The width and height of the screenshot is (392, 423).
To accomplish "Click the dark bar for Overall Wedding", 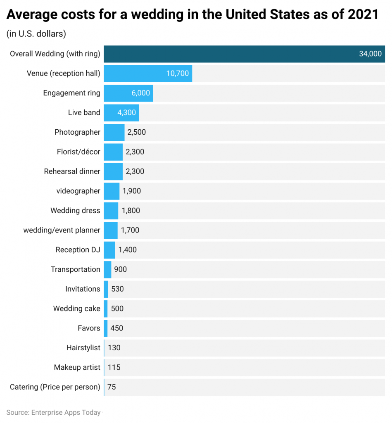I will [244, 54].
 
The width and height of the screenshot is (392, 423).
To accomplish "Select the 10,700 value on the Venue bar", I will [178, 74].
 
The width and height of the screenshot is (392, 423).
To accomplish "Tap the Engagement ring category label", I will [71, 93].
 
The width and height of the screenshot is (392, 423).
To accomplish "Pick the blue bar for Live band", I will [121, 112].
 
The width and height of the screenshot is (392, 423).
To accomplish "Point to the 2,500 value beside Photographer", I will [136, 132].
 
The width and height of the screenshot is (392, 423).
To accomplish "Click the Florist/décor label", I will [78, 152].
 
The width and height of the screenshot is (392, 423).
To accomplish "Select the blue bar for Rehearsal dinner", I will [113, 171].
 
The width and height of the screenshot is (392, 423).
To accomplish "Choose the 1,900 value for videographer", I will [132, 191].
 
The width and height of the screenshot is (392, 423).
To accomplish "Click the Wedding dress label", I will [75, 211].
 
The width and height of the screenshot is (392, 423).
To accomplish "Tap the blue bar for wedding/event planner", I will [110, 230].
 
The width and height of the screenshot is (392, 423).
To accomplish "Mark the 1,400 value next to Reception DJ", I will [127, 250].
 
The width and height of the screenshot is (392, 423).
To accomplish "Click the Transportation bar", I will [107, 269].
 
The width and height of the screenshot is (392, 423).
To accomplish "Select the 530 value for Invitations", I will [117, 289].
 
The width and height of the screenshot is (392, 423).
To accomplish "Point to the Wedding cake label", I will [76, 309].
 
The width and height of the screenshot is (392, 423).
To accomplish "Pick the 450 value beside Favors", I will [117, 328].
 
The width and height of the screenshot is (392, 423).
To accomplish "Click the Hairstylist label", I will [83, 348].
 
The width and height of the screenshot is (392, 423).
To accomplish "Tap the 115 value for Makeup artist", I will [114, 367].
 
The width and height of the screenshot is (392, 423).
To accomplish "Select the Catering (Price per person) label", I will [55, 387].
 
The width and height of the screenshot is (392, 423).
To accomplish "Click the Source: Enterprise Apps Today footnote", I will [53, 412].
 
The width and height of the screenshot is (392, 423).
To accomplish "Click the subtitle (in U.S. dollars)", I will [36, 34].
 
